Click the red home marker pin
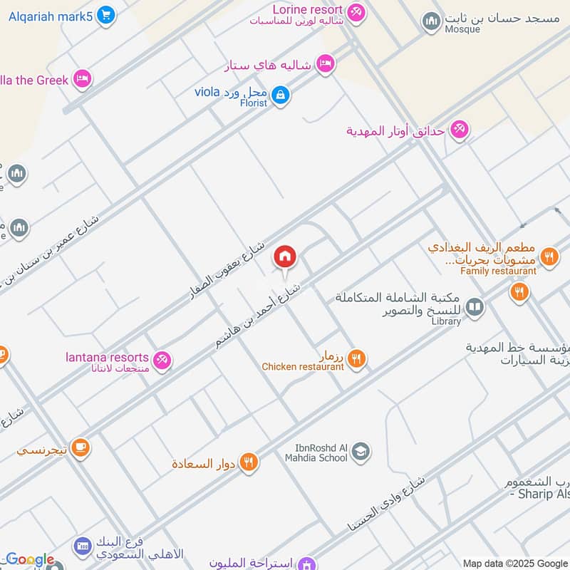285,256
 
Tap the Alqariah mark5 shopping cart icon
106,15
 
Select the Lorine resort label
307,10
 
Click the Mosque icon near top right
431,22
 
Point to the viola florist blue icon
281,95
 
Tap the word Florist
253,103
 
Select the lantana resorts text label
107,357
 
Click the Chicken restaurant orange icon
357,360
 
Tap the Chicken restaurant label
303,367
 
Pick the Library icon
475,308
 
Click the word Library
446,322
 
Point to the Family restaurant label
498,271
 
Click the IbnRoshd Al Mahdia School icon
361,452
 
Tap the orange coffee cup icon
80,447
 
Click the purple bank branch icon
81,547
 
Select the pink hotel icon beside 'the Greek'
83,79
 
